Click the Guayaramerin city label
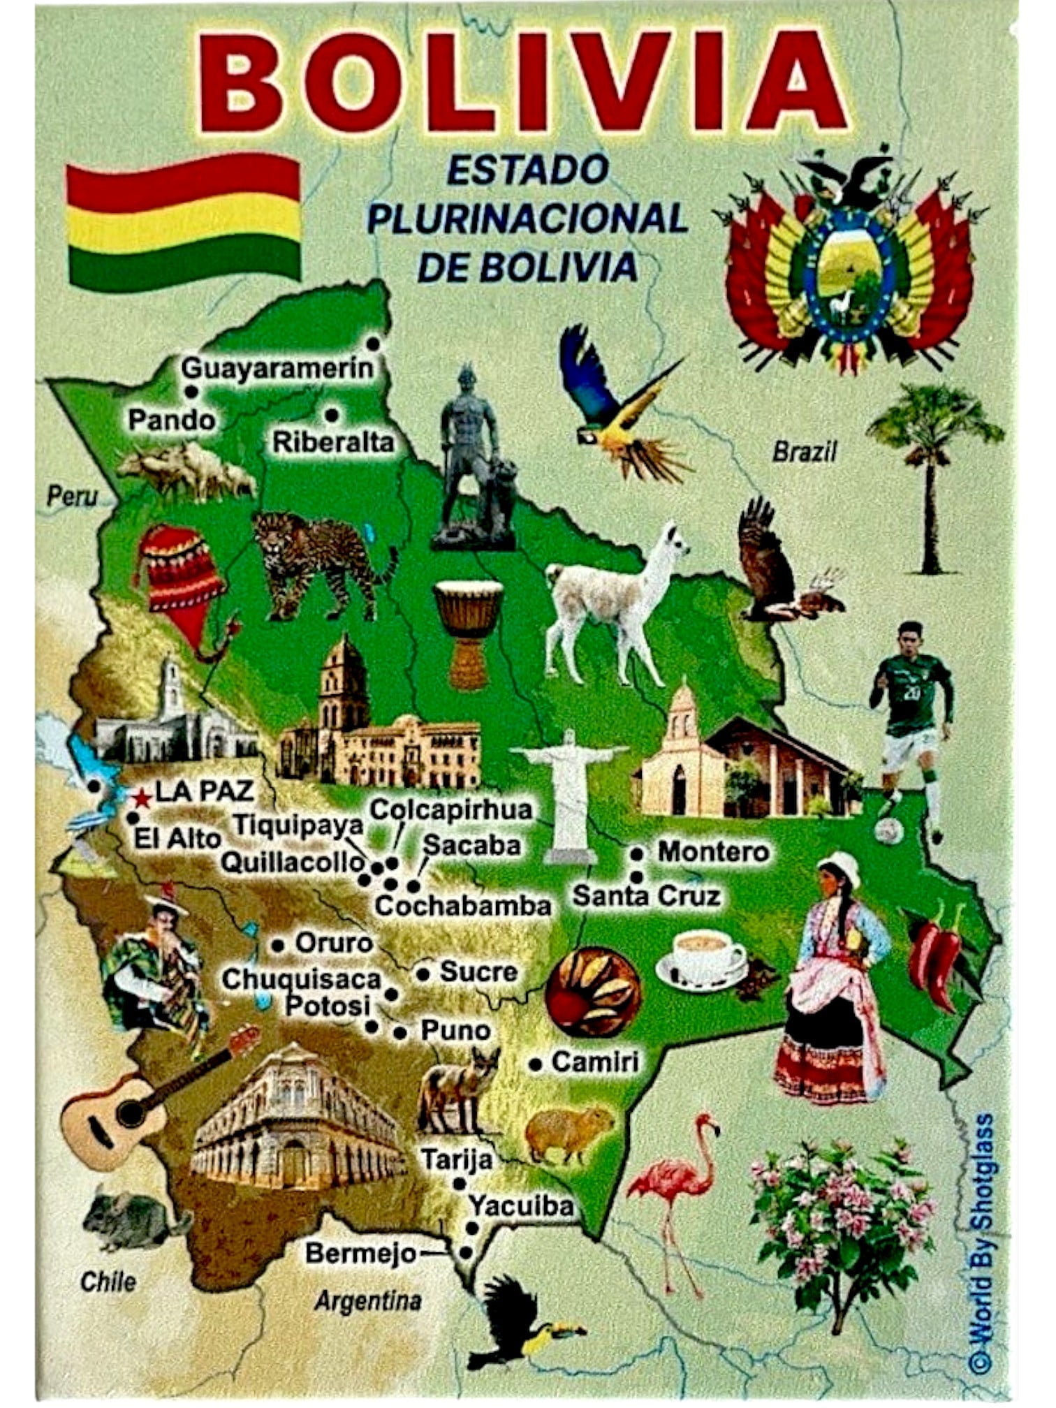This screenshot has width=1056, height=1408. tap(278, 368)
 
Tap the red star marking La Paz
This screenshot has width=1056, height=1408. tap(142, 798)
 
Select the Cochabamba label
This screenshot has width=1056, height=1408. tap(463, 906)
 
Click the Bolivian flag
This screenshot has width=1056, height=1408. tap(184, 222)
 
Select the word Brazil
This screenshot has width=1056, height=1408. tap(804, 453)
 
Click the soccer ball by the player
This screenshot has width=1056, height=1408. tap(888, 831)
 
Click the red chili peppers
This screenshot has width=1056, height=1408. tap(936, 957)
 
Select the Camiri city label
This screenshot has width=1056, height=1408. tap(594, 1062)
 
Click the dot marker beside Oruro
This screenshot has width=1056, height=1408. tap(278, 946)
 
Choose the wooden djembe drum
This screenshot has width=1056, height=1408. tap(468, 632)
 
